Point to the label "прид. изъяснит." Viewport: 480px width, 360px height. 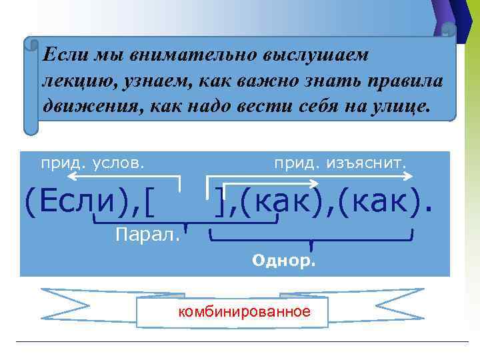[340, 162]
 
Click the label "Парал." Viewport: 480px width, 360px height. [147, 235]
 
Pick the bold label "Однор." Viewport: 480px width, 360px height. [284, 261]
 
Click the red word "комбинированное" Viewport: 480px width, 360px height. [244, 311]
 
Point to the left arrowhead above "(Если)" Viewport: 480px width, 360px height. [71, 177]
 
